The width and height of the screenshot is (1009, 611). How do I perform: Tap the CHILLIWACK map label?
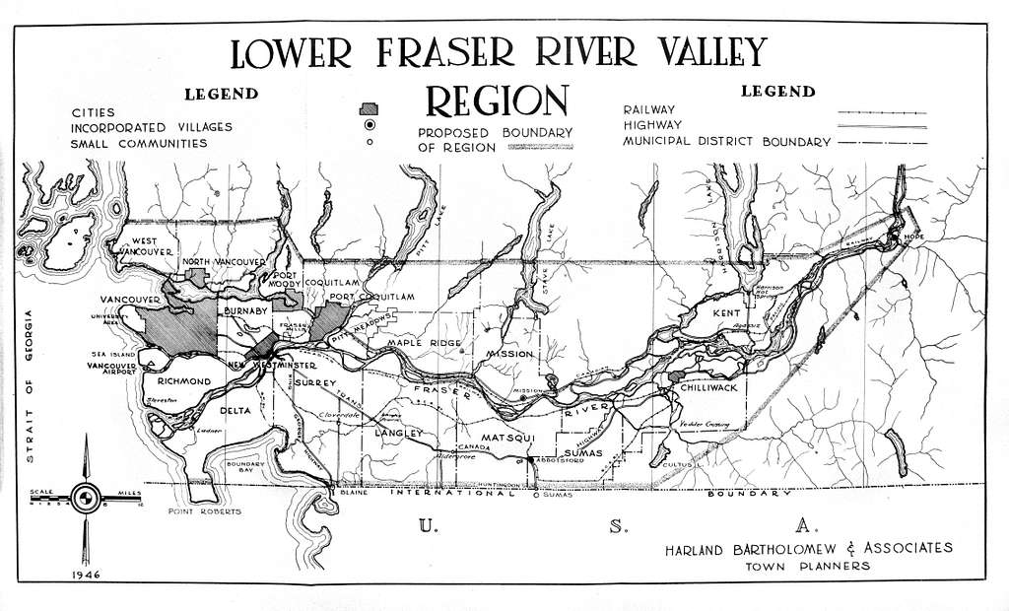coord(705,387)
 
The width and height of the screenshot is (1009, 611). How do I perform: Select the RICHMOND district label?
coord(177,380)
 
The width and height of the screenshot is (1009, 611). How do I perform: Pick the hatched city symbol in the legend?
coord(370,108)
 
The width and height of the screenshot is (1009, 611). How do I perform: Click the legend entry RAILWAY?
coord(648,109)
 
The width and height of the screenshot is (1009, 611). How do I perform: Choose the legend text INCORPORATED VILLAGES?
coord(152,127)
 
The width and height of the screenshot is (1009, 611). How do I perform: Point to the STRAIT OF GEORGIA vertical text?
coord(29,385)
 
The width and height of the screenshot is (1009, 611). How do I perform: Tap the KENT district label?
coord(725,313)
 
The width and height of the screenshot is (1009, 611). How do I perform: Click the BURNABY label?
coord(246,310)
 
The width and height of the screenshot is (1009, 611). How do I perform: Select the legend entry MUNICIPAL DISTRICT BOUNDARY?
coord(726,142)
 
